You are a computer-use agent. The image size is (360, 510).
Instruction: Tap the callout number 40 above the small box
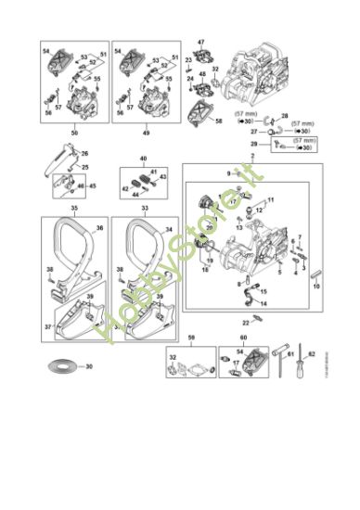click(143, 159)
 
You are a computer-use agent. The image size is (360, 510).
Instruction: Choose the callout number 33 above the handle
click(144, 210)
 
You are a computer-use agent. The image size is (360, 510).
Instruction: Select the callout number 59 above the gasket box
click(190, 338)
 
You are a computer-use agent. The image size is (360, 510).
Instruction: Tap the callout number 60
click(242, 338)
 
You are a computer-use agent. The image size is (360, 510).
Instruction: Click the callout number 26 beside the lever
click(84, 153)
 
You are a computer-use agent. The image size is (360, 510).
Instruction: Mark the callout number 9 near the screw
click(225, 173)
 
